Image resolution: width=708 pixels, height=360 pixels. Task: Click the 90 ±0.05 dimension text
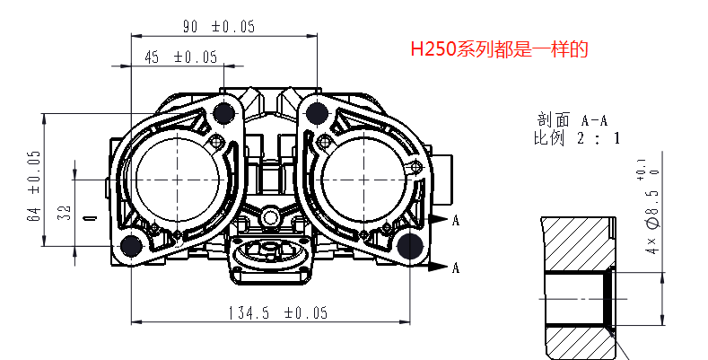[x=219, y=27]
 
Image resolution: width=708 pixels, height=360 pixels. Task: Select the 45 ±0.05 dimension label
[x=181, y=57]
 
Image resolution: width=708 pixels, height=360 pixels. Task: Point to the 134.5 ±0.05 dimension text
[x=277, y=312]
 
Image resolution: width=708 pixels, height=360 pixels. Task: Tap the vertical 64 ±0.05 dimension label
[x=34, y=186]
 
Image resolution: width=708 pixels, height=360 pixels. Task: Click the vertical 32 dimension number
[x=65, y=212]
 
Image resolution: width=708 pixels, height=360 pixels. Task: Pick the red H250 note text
[x=500, y=48]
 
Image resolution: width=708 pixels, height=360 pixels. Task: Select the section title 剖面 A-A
[x=573, y=120]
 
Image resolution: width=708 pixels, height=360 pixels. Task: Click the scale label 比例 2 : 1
[x=577, y=137]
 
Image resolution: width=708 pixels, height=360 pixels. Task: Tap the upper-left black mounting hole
[x=224, y=113]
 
